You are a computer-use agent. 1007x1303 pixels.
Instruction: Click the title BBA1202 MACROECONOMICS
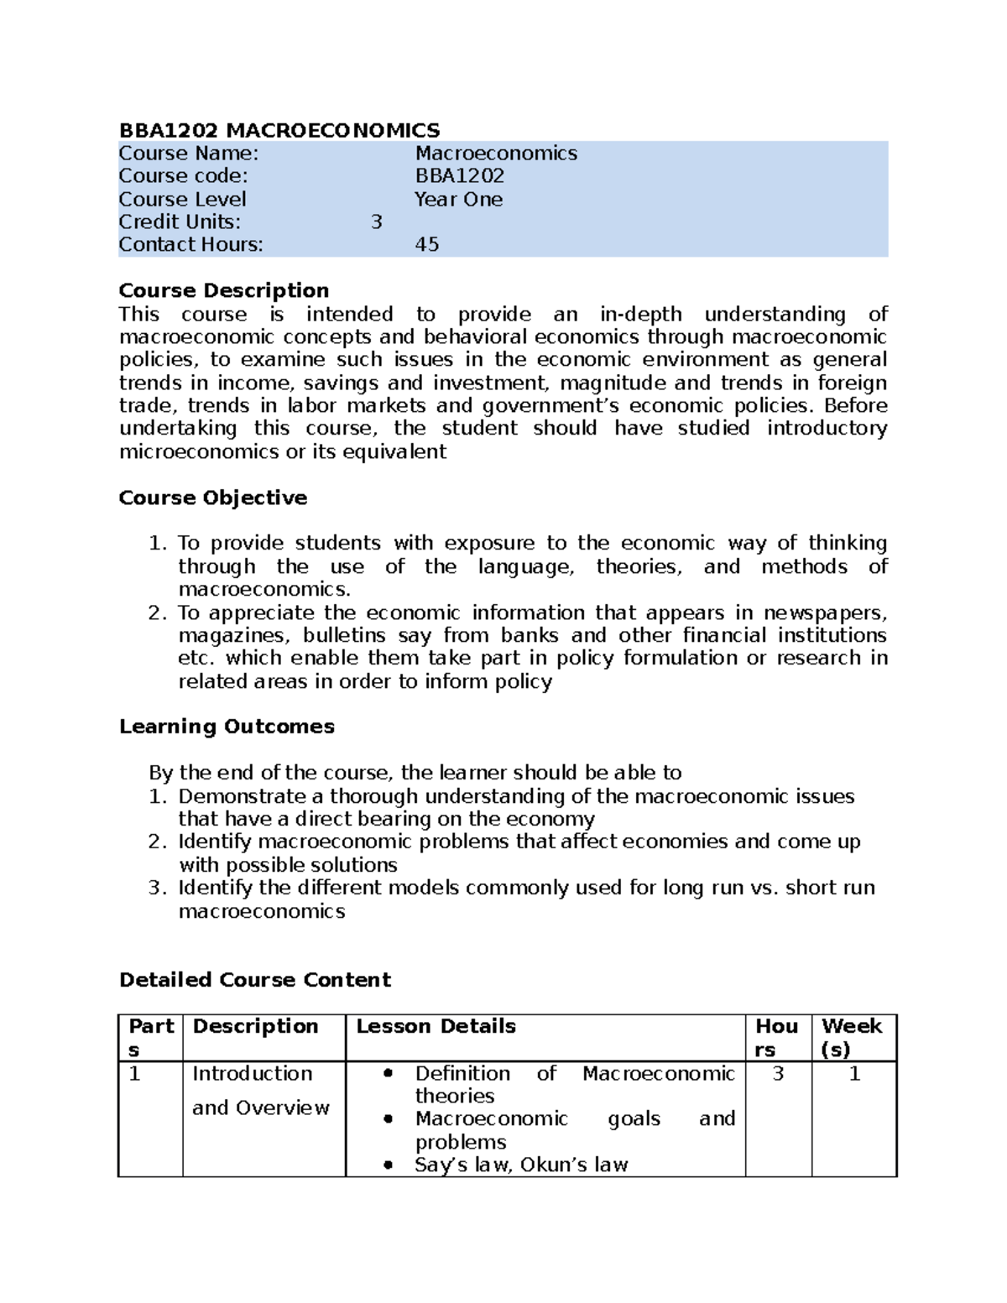point(279,130)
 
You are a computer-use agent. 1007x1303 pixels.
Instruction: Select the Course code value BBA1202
point(459,176)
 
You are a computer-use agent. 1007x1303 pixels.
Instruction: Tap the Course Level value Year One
point(458,200)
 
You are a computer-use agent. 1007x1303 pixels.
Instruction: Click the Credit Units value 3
point(376,222)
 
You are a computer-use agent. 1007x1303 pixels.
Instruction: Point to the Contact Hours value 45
point(427,245)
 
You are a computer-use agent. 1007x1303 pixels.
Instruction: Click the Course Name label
point(188,154)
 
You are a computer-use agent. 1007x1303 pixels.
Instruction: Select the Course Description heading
point(223,290)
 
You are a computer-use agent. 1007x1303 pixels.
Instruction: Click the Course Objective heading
point(212,498)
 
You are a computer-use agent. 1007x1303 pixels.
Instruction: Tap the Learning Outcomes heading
point(227,727)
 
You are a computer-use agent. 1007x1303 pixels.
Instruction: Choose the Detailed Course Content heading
point(254,980)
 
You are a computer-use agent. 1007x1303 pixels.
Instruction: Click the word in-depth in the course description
point(640,315)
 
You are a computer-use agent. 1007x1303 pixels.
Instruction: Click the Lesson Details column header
point(436,1026)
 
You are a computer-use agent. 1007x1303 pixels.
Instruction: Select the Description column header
point(255,1026)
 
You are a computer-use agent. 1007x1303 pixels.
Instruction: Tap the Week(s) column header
point(851,1037)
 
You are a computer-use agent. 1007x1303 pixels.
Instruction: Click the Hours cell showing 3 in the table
point(778,1074)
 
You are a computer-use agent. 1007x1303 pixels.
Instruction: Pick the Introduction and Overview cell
point(260,1091)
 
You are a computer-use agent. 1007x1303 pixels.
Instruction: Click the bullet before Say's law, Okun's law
point(387,1165)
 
